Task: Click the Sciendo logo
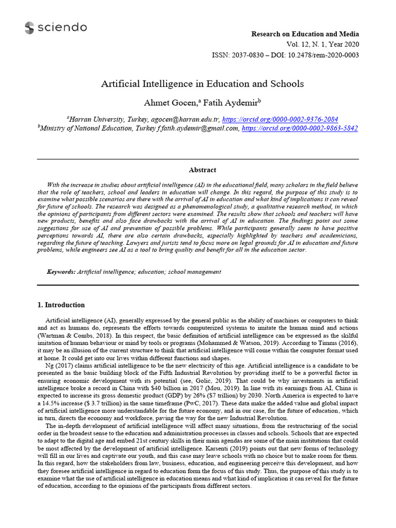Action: click(56, 28)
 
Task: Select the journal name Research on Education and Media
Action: click(305, 34)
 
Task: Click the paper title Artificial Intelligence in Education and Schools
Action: click(202, 83)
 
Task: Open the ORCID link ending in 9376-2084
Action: click(294, 118)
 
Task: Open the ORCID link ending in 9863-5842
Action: click(300, 128)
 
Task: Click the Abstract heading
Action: click(202, 170)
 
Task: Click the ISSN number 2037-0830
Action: click(246, 55)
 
